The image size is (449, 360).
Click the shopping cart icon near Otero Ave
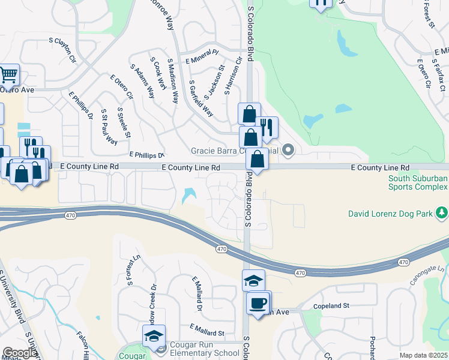pyautogui.click(x=9, y=75)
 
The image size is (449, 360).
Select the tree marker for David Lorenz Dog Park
pyautogui.click(x=442, y=212)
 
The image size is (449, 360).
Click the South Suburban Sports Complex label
pyautogui.click(x=418, y=182)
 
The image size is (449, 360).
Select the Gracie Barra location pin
pyautogui.click(x=288, y=150)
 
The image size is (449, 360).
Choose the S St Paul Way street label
pyautogui.click(x=109, y=127)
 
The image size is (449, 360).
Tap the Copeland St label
pyautogui.click(x=334, y=306)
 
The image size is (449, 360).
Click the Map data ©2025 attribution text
pyautogui.click(x=424, y=356)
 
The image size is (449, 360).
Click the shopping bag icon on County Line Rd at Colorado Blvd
pyautogui.click(x=257, y=159)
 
